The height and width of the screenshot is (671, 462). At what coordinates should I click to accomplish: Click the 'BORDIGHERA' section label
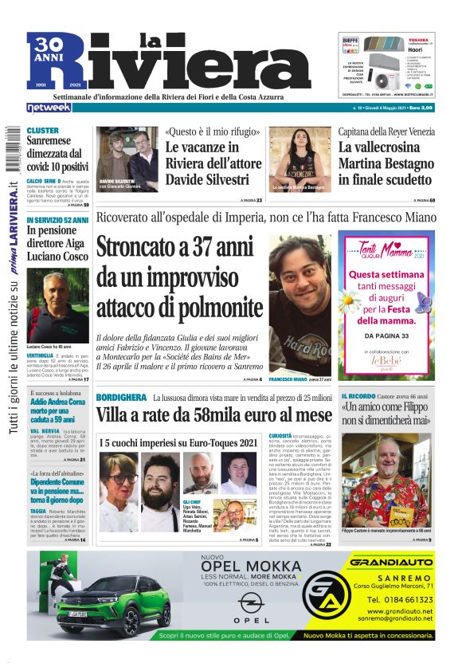[121, 397]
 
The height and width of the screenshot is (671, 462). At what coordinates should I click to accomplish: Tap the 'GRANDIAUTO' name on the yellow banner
[391, 563]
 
